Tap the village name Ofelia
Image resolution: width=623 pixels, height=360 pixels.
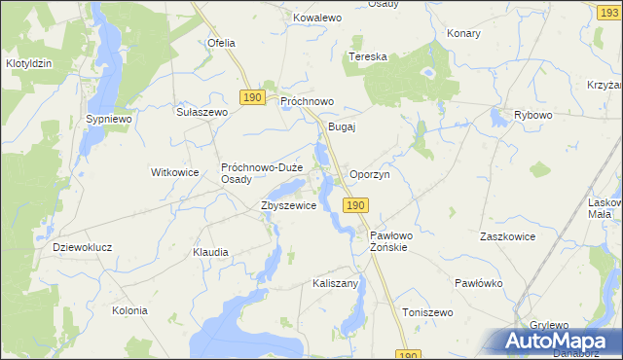point(222,43)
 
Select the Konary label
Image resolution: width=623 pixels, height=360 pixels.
point(464,33)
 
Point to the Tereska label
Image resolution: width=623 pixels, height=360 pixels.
point(368,56)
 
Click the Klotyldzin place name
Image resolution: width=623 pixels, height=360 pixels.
point(28,63)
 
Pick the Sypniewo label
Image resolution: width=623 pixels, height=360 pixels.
point(108,118)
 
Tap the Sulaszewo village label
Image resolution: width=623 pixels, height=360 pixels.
point(202,112)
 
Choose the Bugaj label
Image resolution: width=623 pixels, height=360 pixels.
point(343,126)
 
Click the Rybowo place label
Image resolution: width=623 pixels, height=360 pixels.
point(532,115)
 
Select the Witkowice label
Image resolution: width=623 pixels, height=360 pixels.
point(174,172)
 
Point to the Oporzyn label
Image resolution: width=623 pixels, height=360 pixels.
point(369,174)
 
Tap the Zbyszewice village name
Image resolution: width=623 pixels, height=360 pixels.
point(287,206)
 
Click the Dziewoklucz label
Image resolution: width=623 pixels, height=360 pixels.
point(83,247)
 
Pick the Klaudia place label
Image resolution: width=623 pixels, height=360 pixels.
point(210,252)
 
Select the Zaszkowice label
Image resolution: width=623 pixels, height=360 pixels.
point(508,236)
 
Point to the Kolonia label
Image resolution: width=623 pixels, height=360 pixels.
point(129,310)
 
